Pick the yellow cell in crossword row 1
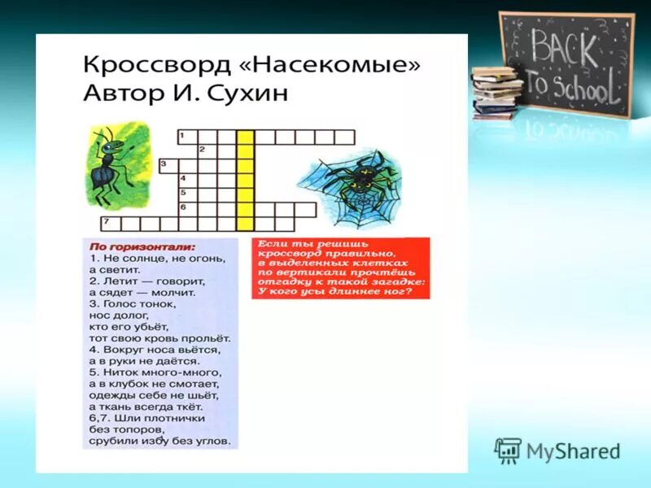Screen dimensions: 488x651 pyautogui.click(x=245, y=137)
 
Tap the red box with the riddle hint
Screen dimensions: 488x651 pyautogui.click(x=340, y=268)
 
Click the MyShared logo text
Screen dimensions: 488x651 pyautogui.click(x=573, y=451)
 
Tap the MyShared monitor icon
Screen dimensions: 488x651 pyautogui.click(x=508, y=451)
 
